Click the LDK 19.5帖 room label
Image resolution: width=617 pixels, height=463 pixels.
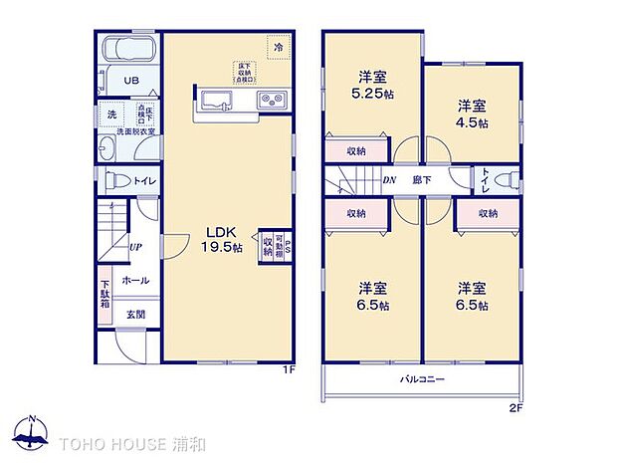[x=224, y=239]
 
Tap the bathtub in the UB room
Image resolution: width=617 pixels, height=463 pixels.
[x=130, y=50]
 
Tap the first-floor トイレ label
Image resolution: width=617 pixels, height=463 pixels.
[x=143, y=182]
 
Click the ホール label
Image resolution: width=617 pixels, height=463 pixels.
[x=135, y=281]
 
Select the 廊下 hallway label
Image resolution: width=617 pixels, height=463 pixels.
[x=422, y=180]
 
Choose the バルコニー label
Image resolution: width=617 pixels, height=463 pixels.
[x=422, y=380]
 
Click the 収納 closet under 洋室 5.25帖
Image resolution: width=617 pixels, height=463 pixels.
[x=356, y=151]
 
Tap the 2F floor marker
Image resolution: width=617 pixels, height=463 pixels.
[x=516, y=407]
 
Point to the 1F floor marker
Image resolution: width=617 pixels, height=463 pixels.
[x=289, y=369]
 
